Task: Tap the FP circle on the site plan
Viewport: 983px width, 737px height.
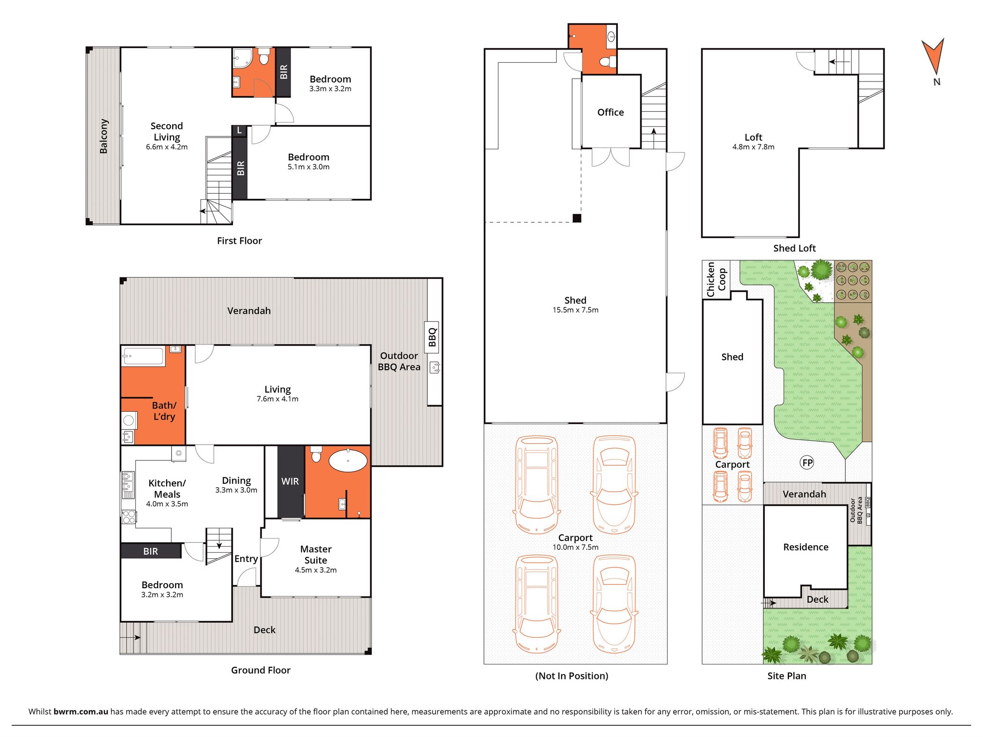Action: click(807, 463)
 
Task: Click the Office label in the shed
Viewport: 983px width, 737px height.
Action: click(610, 112)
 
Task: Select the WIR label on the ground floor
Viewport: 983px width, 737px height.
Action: click(290, 481)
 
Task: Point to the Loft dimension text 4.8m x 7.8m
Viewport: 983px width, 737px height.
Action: click(753, 147)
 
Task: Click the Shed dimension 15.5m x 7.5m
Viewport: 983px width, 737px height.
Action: click(575, 310)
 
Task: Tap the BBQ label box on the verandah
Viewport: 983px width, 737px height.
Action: click(432, 337)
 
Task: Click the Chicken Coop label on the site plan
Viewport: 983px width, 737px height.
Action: click(716, 279)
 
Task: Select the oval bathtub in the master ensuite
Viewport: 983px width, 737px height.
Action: click(348, 460)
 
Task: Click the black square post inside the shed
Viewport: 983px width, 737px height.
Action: click(577, 218)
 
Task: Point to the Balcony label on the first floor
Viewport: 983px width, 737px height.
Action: click(104, 136)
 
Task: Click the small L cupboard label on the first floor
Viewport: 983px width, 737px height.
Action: click(240, 131)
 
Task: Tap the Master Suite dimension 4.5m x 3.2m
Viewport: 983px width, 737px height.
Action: click(315, 570)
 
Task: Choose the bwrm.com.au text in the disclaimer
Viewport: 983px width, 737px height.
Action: click(81, 712)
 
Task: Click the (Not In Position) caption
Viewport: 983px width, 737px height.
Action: click(572, 676)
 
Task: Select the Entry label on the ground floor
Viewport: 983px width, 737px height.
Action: click(246, 559)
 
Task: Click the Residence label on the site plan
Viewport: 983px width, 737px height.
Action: click(806, 547)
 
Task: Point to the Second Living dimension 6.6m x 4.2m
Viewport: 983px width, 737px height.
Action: click(167, 147)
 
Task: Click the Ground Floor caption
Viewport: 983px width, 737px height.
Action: click(261, 670)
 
